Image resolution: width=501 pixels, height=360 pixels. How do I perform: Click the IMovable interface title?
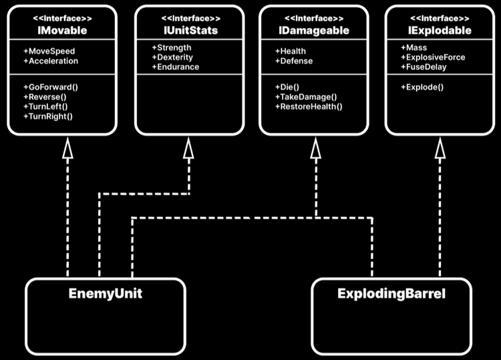[x=61, y=30]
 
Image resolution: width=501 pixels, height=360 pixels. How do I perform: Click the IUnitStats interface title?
[x=187, y=30]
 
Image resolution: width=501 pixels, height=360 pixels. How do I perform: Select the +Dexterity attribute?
[x=172, y=57]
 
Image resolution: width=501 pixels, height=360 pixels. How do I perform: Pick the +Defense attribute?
[x=294, y=61]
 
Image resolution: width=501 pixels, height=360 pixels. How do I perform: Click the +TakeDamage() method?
[x=306, y=96]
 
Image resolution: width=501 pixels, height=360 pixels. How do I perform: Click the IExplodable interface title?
[x=439, y=30]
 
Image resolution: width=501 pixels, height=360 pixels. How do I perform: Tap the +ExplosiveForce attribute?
[x=433, y=57]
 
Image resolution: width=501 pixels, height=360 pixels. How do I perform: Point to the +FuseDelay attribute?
[x=424, y=67]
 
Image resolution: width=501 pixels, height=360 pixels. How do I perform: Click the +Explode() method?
[x=422, y=87]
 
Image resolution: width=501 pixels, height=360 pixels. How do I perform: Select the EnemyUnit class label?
[x=105, y=293]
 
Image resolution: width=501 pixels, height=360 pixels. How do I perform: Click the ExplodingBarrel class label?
[x=391, y=293]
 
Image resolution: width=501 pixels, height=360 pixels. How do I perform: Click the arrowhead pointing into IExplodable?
[x=440, y=150]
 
